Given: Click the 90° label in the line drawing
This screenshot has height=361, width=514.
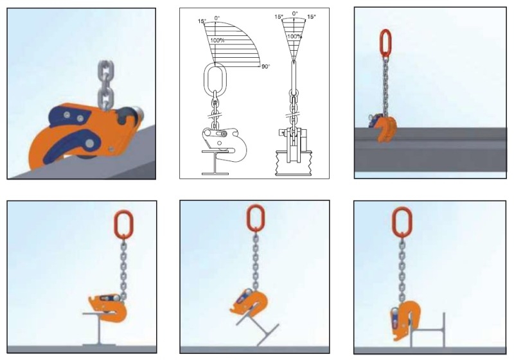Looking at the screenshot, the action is pyautogui.click(x=265, y=67).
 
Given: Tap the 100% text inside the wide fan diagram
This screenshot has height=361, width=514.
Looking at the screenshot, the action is pyautogui.click(x=217, y=40).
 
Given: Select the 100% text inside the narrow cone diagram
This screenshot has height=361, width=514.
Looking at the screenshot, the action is pyautogui.click(x=294, y=37).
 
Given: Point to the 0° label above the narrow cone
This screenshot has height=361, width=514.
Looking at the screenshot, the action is pyautogui.click(x=295, y=13).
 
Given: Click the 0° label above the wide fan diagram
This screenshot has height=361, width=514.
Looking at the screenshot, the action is pyautogui.click(x=217, y=18).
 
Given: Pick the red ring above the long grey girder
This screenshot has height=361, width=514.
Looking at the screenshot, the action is pyautogui.click(x=386, y=42).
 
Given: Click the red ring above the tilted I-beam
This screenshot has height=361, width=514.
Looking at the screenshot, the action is pyautogui.click(x=255, y=218).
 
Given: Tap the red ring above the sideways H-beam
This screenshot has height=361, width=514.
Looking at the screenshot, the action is pyautogui.click(x=402, y=221).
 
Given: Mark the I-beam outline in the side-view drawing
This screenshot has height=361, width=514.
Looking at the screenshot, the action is pyautogui.click(x=215, y=163).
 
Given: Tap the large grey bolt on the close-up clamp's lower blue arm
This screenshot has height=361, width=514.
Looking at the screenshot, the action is pyautogui.click(x=89, y=143).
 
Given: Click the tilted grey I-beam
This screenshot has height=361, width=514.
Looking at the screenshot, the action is pyautogui.click(x=258, y=327).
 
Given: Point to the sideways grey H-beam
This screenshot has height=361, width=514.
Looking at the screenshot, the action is pyautogui.click(x=427, y=330).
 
